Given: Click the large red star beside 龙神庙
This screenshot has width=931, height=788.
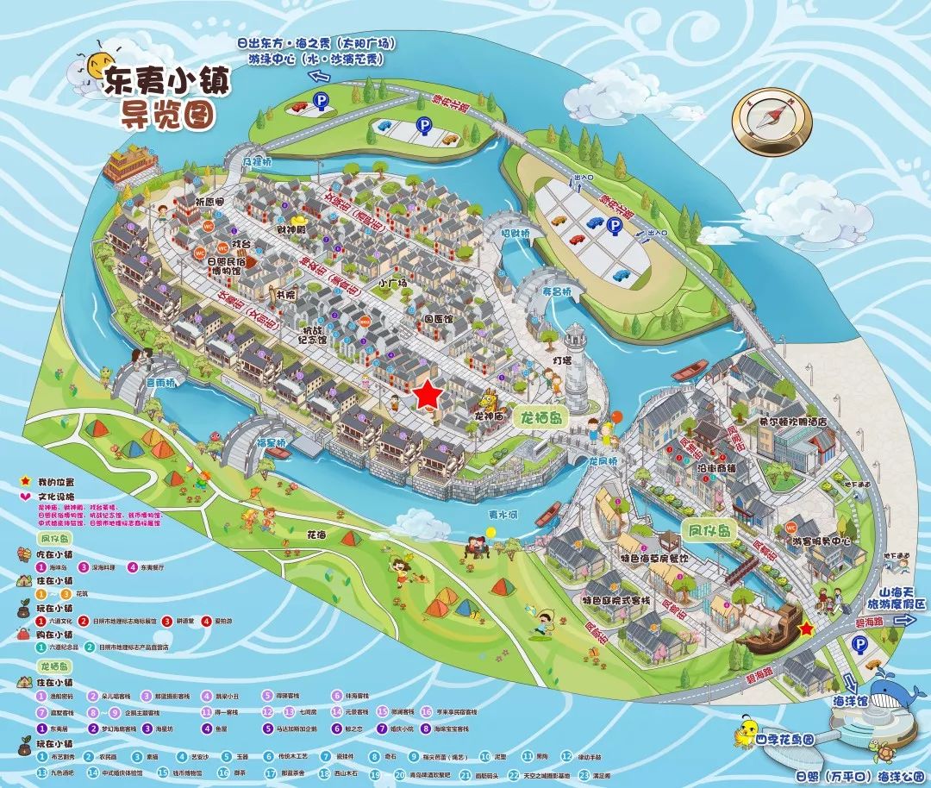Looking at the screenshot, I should point(428,395).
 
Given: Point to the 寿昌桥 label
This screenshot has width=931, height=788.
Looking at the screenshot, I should point(557,291).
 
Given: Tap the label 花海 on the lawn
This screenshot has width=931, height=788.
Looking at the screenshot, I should point(317,535).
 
